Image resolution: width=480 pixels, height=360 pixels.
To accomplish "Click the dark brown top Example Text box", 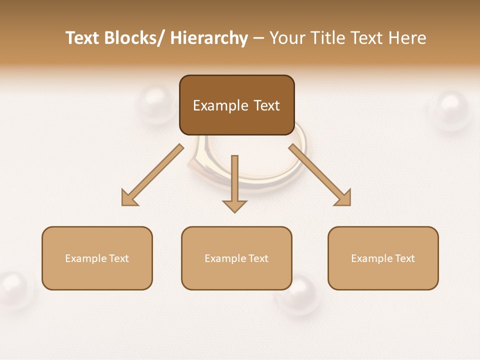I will click(x=236, y=105).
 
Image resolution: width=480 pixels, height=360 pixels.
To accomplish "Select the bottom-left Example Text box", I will click(x=97, y=258).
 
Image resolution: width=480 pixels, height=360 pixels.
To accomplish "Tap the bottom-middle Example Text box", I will click(x=236, y=258).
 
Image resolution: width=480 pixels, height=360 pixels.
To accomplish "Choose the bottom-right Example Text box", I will click(x=383, y=258).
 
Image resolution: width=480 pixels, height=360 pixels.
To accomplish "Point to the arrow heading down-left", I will click(x=152, y=175).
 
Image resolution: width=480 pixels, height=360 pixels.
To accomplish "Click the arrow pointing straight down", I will click(x=234, y=183).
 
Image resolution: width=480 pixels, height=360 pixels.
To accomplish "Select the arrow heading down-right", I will click(x=319, y=175).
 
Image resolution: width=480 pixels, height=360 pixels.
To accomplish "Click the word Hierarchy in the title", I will click(x=209, y=38).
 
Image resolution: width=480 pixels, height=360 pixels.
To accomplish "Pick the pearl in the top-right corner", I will click(x=451, y=108).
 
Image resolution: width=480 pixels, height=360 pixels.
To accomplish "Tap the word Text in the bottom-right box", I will click(x=404, y=258).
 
